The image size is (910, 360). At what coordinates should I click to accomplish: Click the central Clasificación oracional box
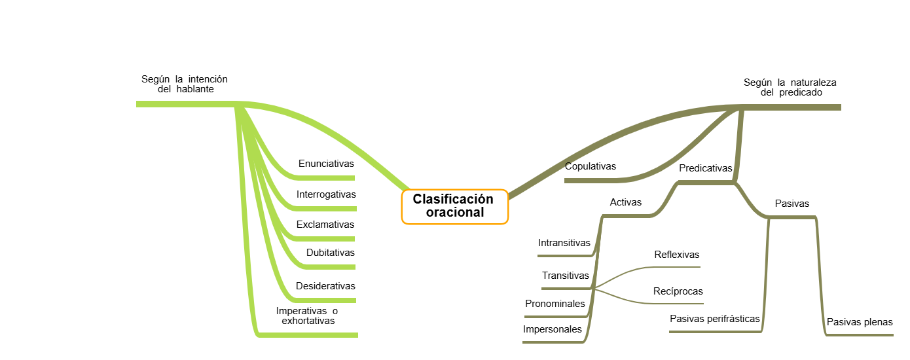(x=454, y=206)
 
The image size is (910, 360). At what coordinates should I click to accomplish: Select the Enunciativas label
(x=325, y=164)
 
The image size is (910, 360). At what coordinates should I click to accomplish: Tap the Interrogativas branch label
(x=326, y=194)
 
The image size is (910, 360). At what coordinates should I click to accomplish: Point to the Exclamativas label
(x=325, y=225)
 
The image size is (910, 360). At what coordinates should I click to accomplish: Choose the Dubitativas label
(x=330, y=253)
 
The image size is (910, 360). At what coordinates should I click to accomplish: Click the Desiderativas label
(x=325, y=286)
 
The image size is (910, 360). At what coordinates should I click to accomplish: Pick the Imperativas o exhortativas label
(x=307, y=316)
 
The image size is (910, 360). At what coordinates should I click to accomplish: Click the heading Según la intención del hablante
(x=185, y=84)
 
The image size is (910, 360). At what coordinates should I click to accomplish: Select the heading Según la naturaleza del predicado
(x=790, y=88)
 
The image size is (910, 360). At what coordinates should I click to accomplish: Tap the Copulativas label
(x=591, y=166)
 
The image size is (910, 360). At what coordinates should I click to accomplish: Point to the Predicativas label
(x=705, y=168)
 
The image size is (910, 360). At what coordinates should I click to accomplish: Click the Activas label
(x=626, y=202)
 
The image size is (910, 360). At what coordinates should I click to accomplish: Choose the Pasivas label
(x=792, y=204)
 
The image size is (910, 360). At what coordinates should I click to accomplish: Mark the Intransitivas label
(x=564, y=243)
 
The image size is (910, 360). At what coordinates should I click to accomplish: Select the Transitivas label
(x=565, y=276)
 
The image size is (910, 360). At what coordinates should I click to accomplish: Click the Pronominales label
(x=555, y=304)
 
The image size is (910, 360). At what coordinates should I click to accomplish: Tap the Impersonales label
(x=552, y=329)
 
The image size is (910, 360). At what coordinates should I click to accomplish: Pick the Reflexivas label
(x=676, y=255)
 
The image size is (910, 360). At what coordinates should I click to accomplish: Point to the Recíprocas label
(x=678, y=291)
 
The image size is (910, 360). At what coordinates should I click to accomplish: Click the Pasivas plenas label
(x=860, y=322)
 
